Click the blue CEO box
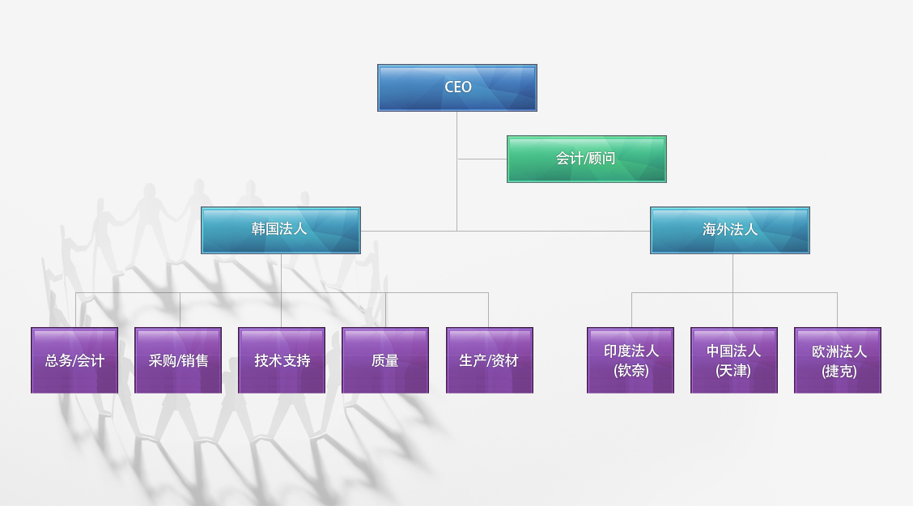[456, 87]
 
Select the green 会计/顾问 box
[586, 159]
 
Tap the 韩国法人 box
[280, 230]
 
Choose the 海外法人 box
[729, 230]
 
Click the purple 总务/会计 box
[74, 360]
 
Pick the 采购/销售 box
[178, 360]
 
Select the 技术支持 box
[282, 360]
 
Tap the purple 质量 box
[385, 360]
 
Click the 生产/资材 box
[489, 360]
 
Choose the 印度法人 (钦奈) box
[631, 360]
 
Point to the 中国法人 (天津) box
[734, 360]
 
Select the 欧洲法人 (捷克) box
[838, 360]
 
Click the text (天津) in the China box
[733, 371]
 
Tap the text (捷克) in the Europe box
[839, 372]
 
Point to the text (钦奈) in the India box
[631, 371]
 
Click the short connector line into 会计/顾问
[482, 159]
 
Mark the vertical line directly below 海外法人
[733, 273]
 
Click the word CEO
[457, 87]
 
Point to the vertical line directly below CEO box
[456, 130]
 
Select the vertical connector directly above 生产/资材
[488, 310]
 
